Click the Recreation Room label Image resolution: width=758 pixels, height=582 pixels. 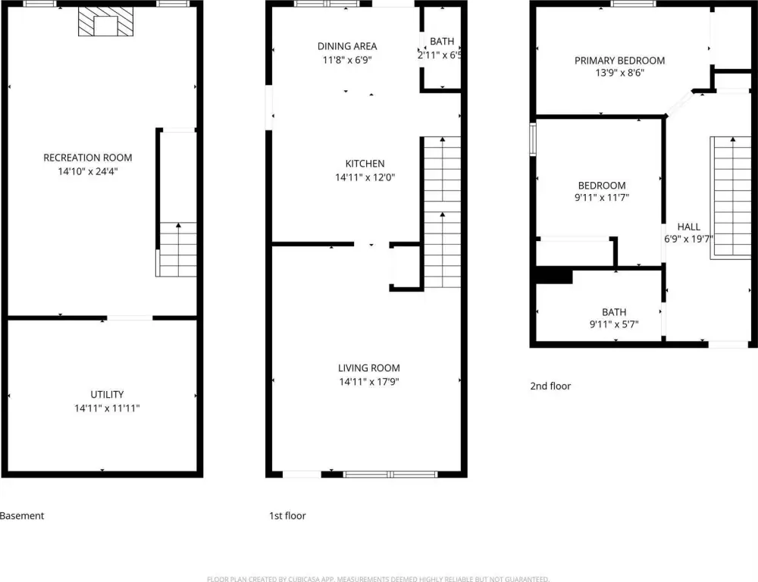pyautogui.click(x=87, y=158)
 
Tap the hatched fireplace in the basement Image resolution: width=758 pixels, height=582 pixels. pyautogui.click(x=106, y=22)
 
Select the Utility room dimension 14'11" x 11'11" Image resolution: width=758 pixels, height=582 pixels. pyautogui.click(x=107, y=408)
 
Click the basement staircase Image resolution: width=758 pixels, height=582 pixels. pyautogui.click(x=176, y=249)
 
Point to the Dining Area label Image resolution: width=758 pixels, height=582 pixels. pyautogui.click(x=347, y=46)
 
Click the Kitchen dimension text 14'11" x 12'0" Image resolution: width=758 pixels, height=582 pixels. pyautogui.click(x=365, y=177)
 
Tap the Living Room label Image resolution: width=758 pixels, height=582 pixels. pyautogui.click(x=369, y=368)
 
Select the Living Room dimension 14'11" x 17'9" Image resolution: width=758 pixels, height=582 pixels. pyautogui.click(x=369, y=382)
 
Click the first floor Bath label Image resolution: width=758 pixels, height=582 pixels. pyautogui.click(x=442, y=42)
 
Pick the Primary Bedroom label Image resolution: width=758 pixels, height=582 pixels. pyautogui.click(x=619, y=61)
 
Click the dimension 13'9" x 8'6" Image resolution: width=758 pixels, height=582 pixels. pyautogui.click(x=620, y=73)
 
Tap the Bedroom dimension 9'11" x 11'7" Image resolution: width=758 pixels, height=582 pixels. pyautogui.click(x=602, y=197)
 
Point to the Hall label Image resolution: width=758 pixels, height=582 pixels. pyautogui.click(x=688, y=227)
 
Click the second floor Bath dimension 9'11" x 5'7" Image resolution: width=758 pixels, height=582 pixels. pyautogui.click(x=614, y=324)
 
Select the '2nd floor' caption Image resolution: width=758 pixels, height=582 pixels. pyautogui.click(x=550, y=386)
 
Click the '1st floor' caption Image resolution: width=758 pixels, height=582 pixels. pyautogui.click(x=287, y=516)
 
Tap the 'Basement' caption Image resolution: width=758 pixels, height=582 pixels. pyautogui.click(x=22, y=516)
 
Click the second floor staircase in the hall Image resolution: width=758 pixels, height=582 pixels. pyautogui.click(x=731, y=198)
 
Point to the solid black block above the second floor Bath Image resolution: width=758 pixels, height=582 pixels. pyautogui.click(x=554, y=275)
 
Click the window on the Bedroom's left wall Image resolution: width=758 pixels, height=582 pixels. pyautogui.click(x=533, y=139)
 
